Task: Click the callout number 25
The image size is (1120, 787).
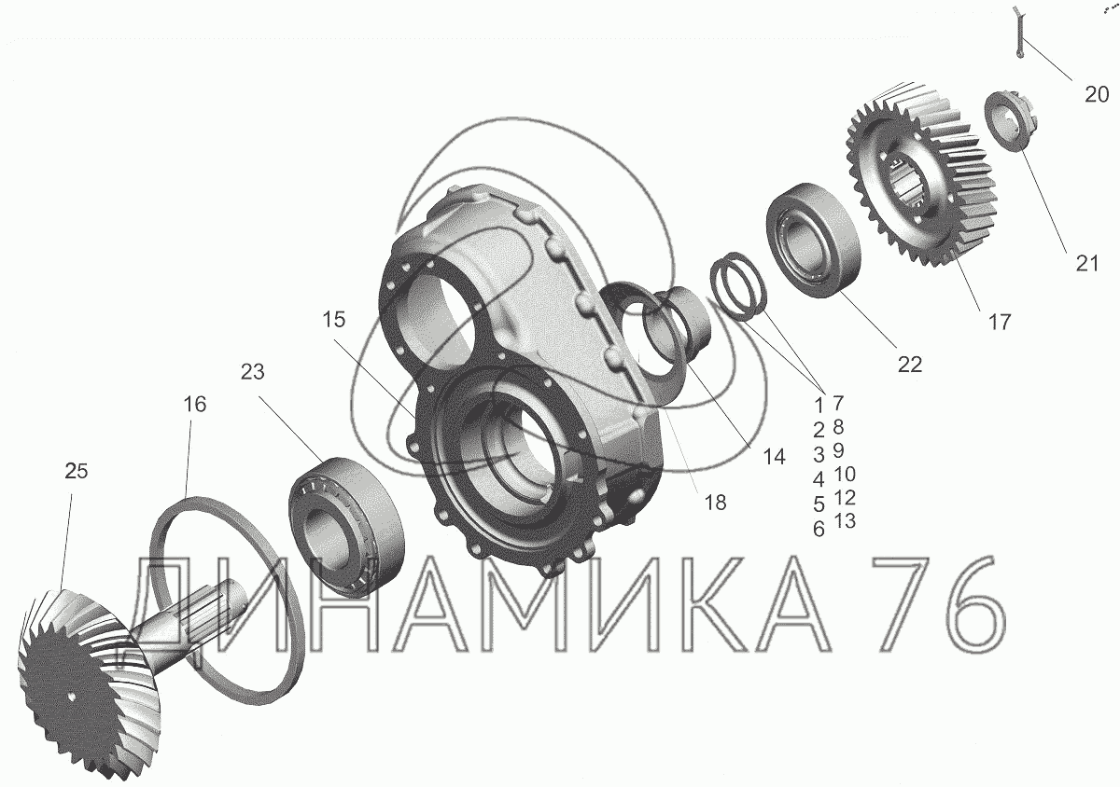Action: (76, 471)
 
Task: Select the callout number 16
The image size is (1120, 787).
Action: (194, 405)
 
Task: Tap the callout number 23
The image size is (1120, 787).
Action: (253, 372)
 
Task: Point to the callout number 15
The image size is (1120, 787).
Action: (333, 319)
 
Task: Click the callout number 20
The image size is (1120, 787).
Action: (1097, 94)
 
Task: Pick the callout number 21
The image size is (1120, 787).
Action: (1087, 263)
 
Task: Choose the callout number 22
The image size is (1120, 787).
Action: (909, 365)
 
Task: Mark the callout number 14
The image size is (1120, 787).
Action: (774, 457)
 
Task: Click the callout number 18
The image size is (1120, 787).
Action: (715, 503)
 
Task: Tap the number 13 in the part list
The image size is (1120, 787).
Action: (845, 520)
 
